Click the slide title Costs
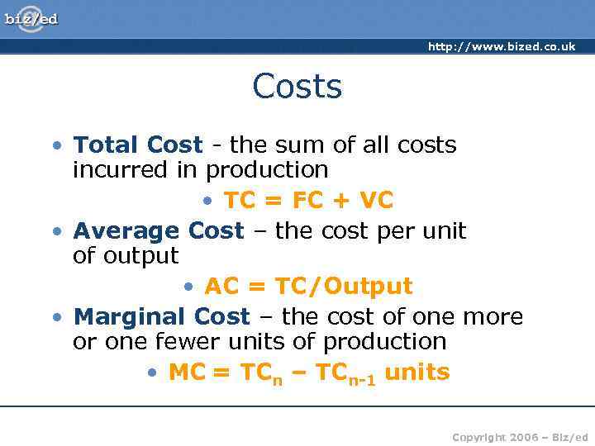tap(297, 86)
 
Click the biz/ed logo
tap(31, 18)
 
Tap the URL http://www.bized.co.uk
tap(501, 47)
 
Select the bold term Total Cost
tap(137, 145)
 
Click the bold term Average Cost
tap(159, 230)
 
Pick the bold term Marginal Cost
tap(161, 316)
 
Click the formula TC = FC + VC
tap(307, 200)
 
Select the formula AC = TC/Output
tap(307, 286)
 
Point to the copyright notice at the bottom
tap(520, 436)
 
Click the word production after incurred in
tap(267, 170)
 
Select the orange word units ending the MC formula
tap(417, 372)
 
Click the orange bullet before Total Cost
tap(55, 145)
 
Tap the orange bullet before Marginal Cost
tap(55, 317)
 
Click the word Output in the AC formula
tap(367, 286)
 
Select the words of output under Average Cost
tap(126, 256)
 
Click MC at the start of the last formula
tap(186, 372)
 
